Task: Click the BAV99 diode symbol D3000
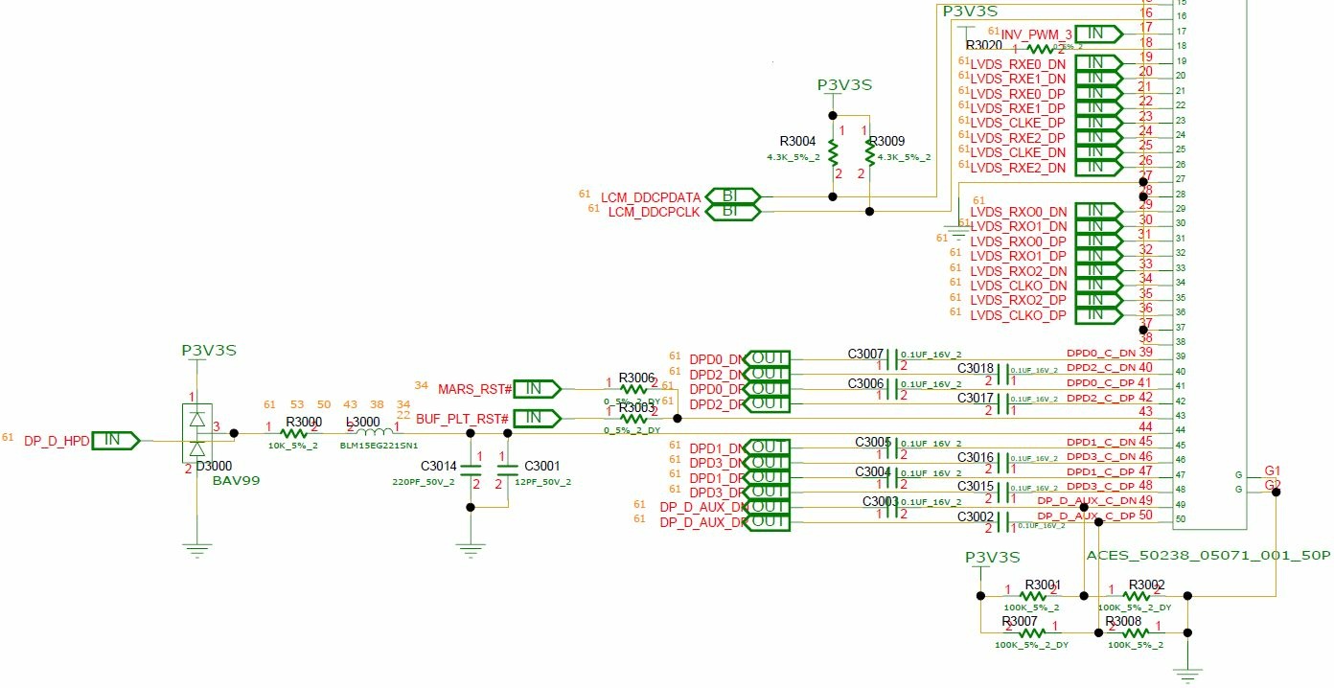point(197,433)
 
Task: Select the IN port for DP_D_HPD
point(115,440)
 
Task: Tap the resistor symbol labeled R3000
point(292,433)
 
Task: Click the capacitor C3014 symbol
point(470,469)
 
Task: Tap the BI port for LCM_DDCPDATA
point(733,196)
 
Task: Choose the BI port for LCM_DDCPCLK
point(733,211)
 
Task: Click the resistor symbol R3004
point(833,152)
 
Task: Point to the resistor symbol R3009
point(869,152)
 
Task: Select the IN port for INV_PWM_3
point(1098,34)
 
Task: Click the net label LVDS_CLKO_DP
point(1018,315)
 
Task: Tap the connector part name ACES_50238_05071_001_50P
point(1208,556)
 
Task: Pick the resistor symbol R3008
point(1135,631)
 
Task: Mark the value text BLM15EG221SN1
point(379,446)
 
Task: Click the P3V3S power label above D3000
point(209,351)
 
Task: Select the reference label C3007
point(865,355)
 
